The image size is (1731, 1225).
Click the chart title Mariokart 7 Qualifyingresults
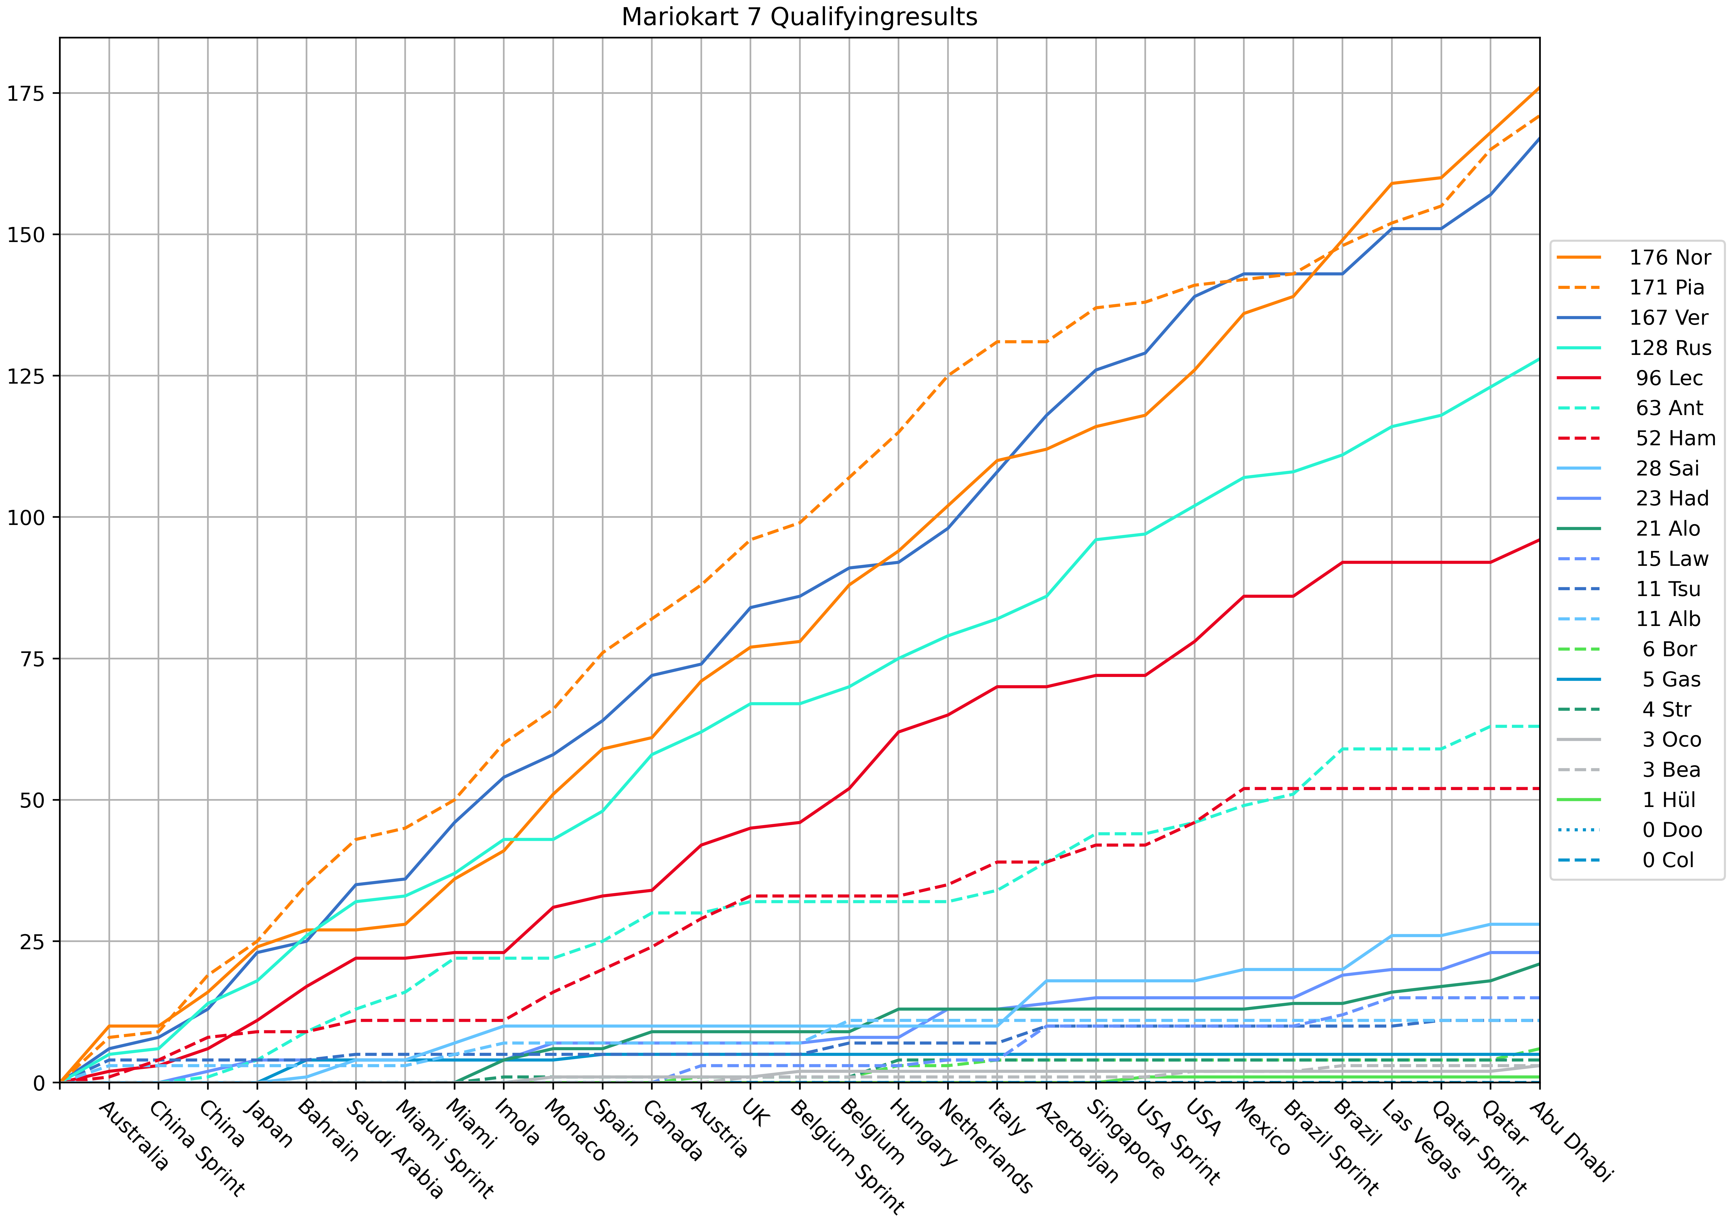[x=799, y=17]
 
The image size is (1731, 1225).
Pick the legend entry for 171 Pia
[x=1666, y=287]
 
